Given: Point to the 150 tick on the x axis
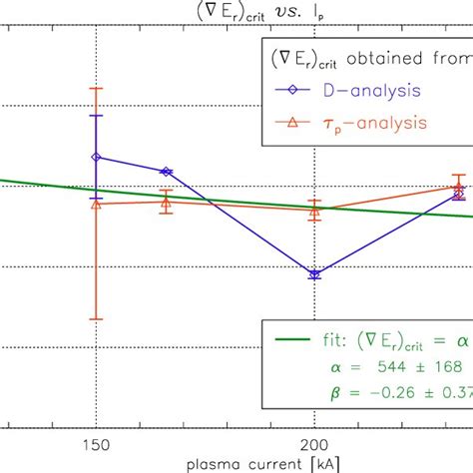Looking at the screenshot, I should click(x=96, y=443).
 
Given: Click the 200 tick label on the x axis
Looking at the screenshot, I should click(x=314, y=443).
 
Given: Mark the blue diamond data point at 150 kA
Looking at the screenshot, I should click(x=96, y=157).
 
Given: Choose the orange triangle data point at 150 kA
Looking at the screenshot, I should click(x=96, y=204).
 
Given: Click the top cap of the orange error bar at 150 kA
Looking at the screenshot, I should click(x=96, y=88).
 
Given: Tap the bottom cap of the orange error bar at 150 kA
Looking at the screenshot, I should click(x=96, y=319).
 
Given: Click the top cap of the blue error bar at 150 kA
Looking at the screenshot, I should click(x=96, y=116).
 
